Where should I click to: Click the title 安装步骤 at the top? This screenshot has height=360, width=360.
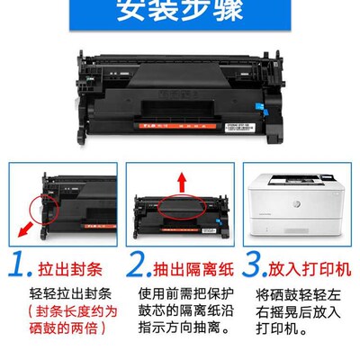point(179,13)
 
